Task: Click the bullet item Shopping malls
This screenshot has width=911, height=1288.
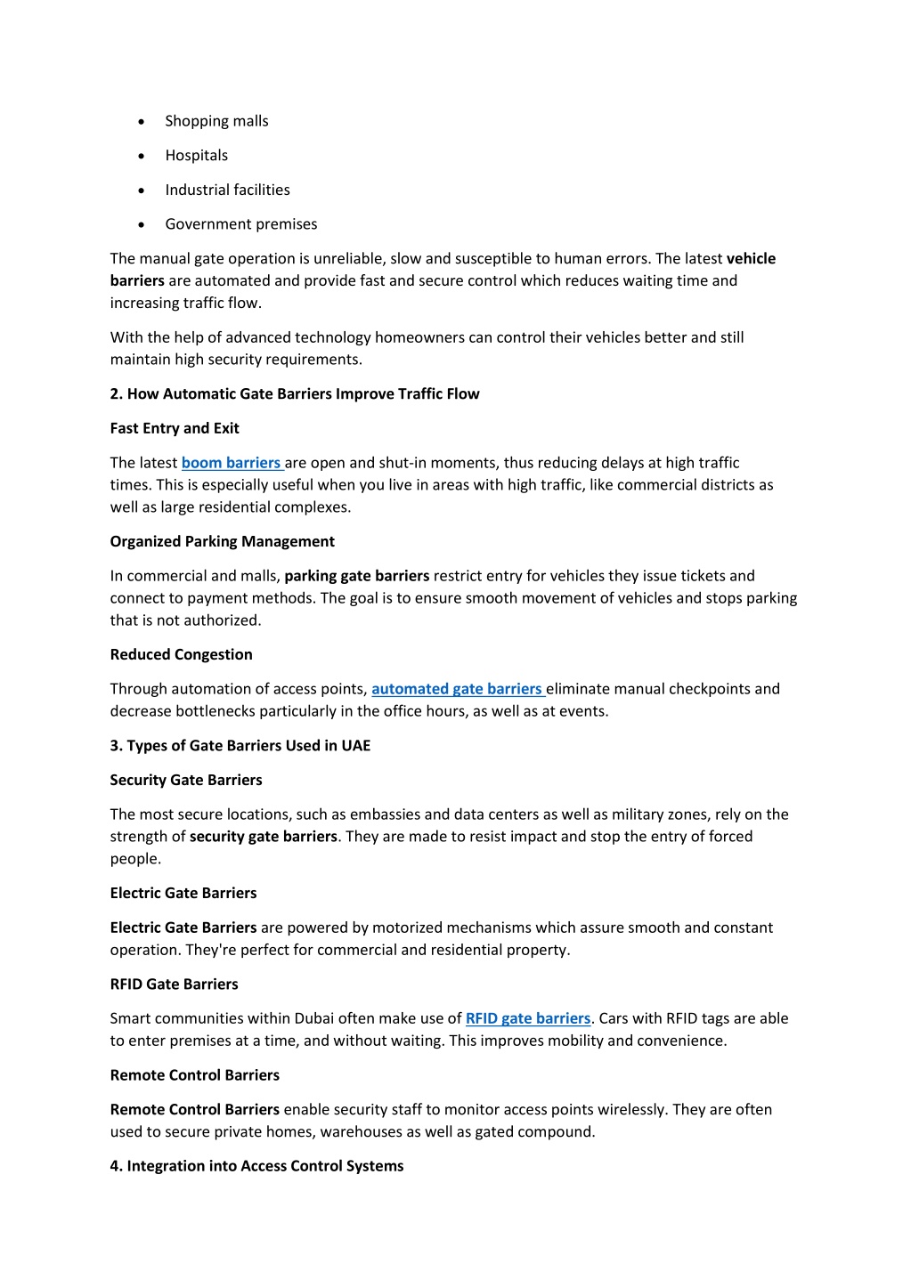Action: tap(216, 121)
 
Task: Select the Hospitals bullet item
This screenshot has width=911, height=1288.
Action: tap(196, 156)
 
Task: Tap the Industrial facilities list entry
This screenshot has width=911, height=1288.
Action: tap(227, 190)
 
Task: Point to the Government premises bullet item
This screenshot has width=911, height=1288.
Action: tap(240, 224)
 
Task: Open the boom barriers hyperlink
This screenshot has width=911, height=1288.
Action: tap(231, 463)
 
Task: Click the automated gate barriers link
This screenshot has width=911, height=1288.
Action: tap(457, 689)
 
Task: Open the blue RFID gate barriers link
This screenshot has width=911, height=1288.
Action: tap(527, 1018)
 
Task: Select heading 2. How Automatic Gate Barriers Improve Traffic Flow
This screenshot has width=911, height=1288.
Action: tap(294, 394)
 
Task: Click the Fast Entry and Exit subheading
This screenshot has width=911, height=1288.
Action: tap(175, 428)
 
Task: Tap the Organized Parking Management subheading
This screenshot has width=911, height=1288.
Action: tap(222, 541)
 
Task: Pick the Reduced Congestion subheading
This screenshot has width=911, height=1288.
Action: tap(181, 654)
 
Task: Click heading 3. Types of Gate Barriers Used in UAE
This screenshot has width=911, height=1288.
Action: tap(240, 746)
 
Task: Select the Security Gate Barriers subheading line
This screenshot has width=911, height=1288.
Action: tap(185, 780)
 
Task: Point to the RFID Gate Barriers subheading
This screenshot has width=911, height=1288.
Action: tap(174, 984)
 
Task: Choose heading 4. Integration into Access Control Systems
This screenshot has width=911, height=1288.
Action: tap(256, 1166)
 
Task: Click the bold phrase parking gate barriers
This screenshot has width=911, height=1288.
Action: tap(356, 576)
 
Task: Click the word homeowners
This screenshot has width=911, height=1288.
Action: tap(421, 337)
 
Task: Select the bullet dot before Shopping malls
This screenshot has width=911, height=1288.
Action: tap(142, 122)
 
